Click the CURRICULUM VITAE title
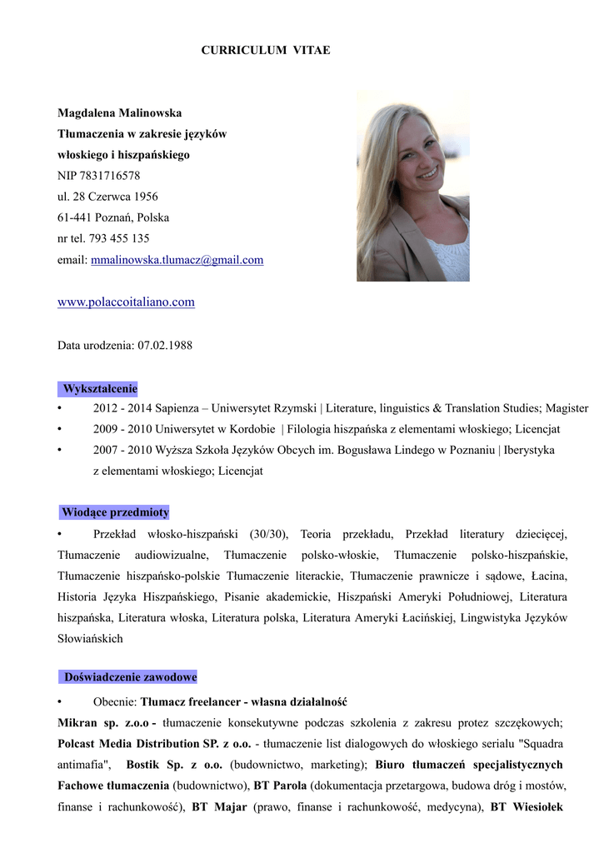pyautogui.click(x=266, y=51)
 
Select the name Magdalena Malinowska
pyautogui.click(x=119, y=112)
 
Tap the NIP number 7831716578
pyautogui.click(x=110, y=176)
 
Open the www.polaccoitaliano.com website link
pyautogui.click(x=126, y=302)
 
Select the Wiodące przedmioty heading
pyautogui.click(x=115, y=512)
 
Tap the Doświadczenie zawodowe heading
pyautogui.click(x=130, y=677)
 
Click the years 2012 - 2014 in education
pyautogui.click(x=121, y=408)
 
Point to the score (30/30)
pyautogui.click(x=267, y=534)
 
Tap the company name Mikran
pyautogui.click(x=78, y=722)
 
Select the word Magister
pyautogui.click(x=568, y=408)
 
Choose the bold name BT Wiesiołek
pyautogui.click(x=527, y=806)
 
